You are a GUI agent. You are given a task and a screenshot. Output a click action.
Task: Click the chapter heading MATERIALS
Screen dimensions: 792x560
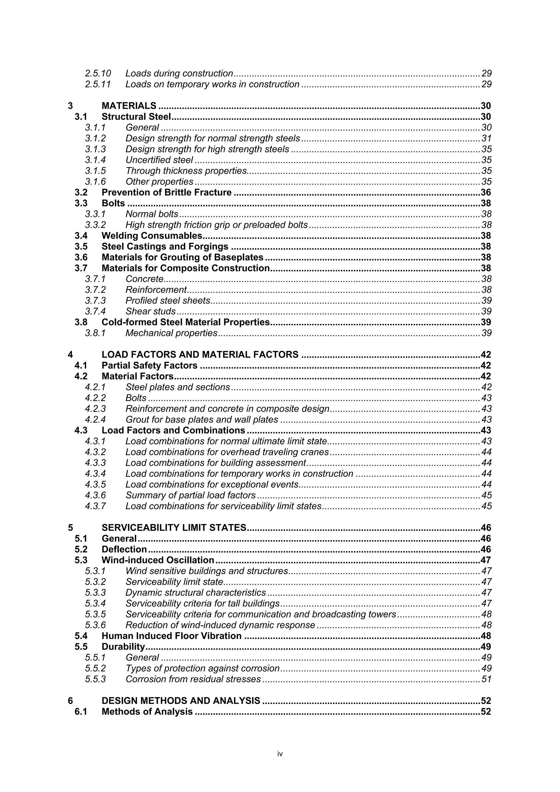[129, 106]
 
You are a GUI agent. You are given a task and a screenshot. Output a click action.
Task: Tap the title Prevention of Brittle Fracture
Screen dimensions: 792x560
[166, 192]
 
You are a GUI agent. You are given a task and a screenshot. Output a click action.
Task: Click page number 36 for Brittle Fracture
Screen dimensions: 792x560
[485, 192]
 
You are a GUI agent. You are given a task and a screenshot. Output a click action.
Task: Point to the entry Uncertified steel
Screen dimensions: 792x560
[159, 160]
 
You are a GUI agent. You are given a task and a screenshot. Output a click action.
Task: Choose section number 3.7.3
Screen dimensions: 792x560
[95, 301]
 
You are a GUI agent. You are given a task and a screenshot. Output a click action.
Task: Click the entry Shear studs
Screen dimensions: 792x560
[150, 311]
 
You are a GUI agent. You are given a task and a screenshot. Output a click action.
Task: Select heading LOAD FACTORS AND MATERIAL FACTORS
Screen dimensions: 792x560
[200, 355]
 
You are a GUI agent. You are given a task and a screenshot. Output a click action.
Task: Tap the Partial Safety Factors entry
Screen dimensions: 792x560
[149, 365]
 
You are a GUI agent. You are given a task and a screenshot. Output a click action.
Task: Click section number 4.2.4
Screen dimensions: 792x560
[95, 419]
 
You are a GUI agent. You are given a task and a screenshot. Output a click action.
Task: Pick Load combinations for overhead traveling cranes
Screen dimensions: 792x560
[227, 452]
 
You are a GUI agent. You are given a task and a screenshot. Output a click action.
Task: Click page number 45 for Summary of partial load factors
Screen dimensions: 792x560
[486, 495]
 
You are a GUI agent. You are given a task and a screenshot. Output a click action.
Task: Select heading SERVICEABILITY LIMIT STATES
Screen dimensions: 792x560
[174, 528]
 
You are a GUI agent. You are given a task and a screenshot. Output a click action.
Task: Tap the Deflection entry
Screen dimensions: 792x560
[124, 550]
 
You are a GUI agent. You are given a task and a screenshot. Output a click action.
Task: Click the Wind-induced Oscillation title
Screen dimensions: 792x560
[158, 560]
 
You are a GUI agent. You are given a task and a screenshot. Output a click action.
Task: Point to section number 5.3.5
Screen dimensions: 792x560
[95, 614]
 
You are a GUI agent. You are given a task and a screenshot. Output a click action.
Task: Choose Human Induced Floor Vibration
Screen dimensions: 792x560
[171, 636]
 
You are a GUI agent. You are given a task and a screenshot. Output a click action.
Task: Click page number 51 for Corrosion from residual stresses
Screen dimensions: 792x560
[486, 679]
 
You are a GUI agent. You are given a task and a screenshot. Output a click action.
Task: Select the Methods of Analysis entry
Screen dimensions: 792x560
[147, 712]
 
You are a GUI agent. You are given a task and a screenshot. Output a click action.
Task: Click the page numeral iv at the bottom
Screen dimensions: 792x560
[280, 754]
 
